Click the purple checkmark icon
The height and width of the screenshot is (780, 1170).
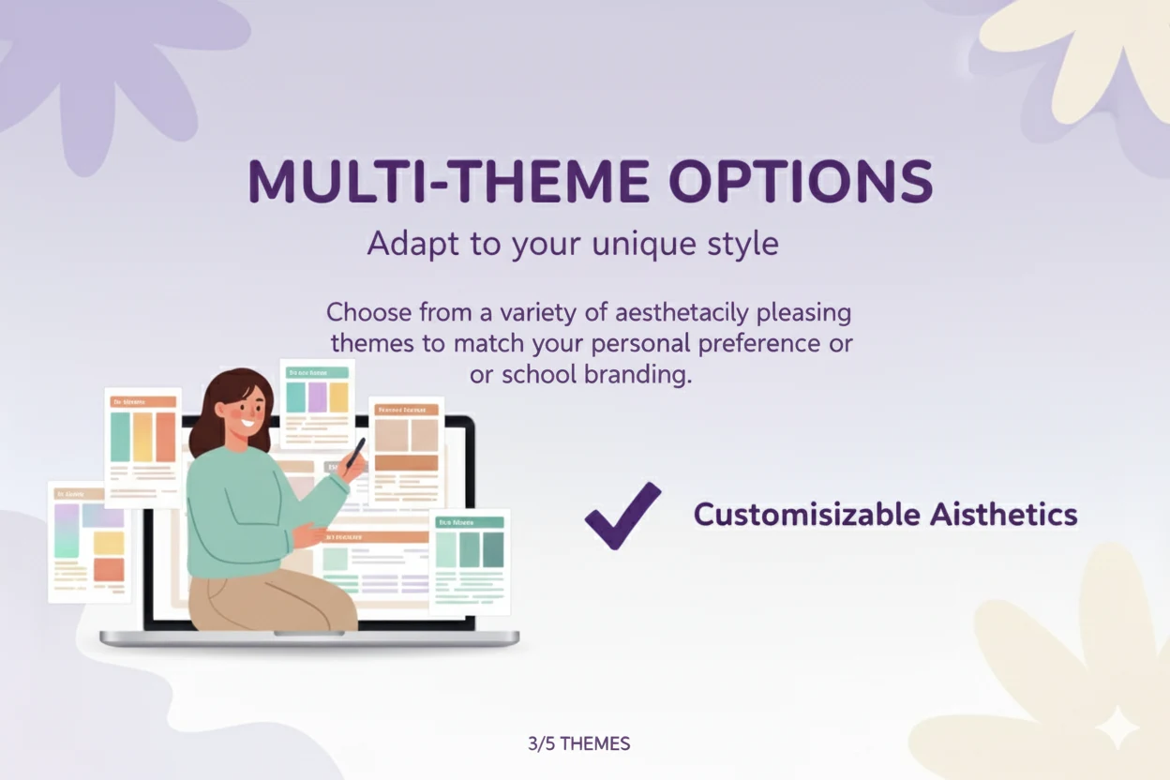622,515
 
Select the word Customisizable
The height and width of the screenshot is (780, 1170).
806,515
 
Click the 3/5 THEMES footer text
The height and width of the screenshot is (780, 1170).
578,744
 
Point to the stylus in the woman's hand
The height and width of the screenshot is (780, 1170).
355,453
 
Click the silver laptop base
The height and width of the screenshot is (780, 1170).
309,638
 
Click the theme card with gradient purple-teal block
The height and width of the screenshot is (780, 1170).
90,541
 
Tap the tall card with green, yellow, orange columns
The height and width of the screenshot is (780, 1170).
142,446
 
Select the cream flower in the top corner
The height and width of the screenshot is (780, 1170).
1087,56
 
